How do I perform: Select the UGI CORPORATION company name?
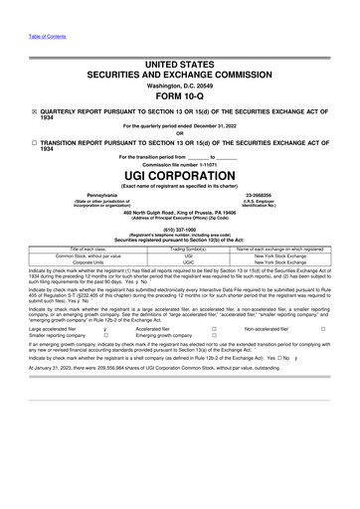179,171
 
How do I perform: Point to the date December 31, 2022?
213,125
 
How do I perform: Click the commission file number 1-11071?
205,161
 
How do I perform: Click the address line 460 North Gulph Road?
149,211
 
